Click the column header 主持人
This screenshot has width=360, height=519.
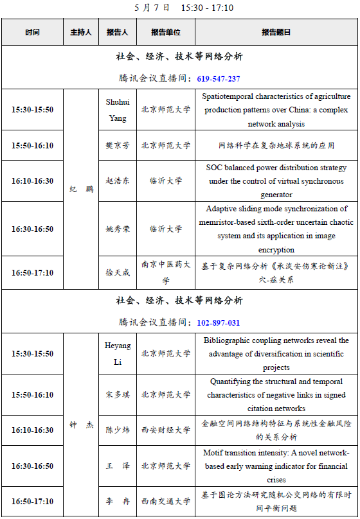pyautogui.click(x=80, y=32)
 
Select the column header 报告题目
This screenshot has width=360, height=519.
pyautogui.click(x=276, y=32)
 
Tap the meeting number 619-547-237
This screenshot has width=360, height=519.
pyautogui.click(x=219, y=78)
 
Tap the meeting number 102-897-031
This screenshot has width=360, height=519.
pyautogui.click(x=219, y=322)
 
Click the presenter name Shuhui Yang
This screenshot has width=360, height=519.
pyautogui.click(x=118, y=109)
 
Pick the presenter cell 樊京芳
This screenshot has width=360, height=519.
pyautogui.click(x=118, y=146)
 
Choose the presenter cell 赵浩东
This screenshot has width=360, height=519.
pyautogui.click(x=118, y=181)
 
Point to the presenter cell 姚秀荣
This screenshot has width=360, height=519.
pyautogui.click(x=118, y=229)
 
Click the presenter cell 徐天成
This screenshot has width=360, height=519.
pyautogui.click(x=118, y=272)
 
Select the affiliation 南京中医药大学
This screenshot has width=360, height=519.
pyautogui.click(x=166, y=272)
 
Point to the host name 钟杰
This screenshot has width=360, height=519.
pyautogui.click(x=80, y=425)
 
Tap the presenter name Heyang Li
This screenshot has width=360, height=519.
pyautogui.click(x=118, y=353)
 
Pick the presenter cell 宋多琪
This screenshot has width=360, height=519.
pyautogui.click(x=118, y=394)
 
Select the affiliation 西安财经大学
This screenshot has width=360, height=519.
pyautogui.click(x=166, y=430)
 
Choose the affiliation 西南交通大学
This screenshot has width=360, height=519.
pyautogui.click(x=166, y=501)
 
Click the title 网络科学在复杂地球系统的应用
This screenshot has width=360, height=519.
pyautogui.click(x=276, y=146)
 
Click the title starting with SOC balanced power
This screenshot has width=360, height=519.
pyautogui.click(x=276, y=181)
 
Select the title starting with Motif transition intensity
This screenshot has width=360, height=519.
pyautogui.click(x=276, y=466)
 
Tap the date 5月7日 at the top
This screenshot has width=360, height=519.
pyautogui.click(x=152, y=8)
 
